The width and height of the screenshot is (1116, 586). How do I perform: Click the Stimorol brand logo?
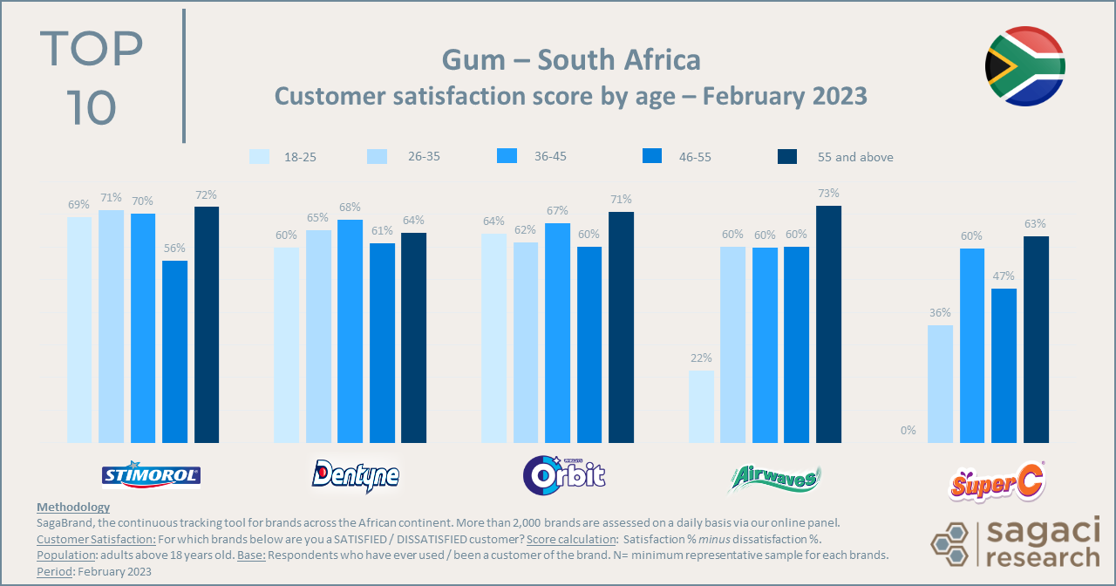[x=152, y=474]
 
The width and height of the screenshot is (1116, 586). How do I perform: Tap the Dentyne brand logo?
[x=356, y=474]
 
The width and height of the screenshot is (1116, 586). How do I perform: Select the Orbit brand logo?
[x=563, y=474]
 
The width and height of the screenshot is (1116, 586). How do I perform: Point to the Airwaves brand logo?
[x=774, y=477]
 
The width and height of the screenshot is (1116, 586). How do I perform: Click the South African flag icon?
[x=1025, y=66]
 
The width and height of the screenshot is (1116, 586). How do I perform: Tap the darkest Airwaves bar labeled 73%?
[x=828, y=324]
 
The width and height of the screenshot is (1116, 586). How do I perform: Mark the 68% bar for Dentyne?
[x=350, y=331]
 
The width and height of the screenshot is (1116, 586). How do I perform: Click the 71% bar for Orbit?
[x=621, y=327]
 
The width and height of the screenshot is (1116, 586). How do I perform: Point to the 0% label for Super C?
[x=908, y=430]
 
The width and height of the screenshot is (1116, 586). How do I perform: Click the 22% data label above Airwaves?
[x=701, y=358]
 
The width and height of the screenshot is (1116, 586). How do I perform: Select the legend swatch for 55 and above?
[x=786, y=157]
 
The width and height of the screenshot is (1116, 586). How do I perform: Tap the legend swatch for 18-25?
[x=259, y=157]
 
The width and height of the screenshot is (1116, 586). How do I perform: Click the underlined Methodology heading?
[x=73, y=507]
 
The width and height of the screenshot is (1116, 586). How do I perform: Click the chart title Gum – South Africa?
[x=570, y=60]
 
